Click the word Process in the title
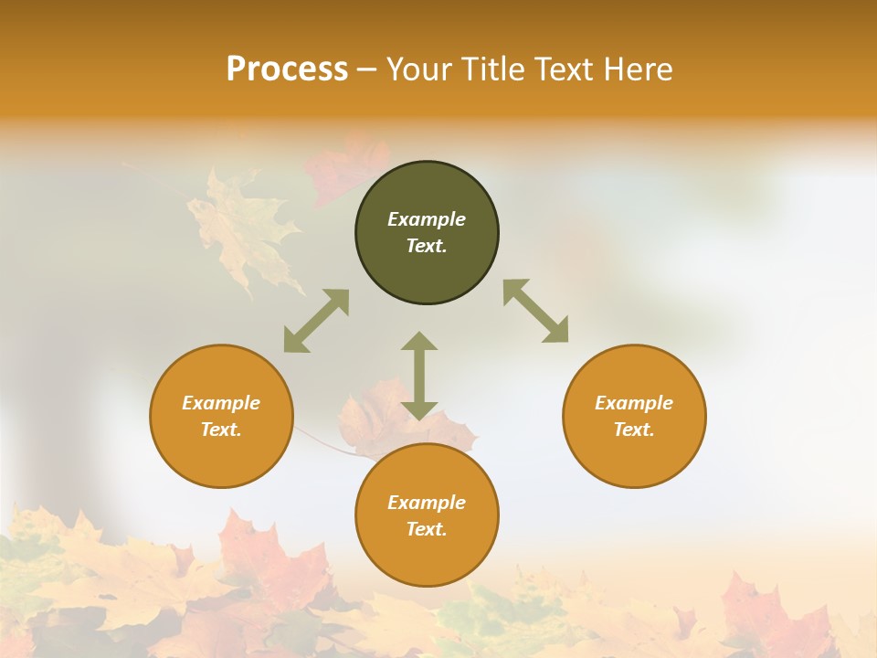(287, 69)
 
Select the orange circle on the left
(221, 457)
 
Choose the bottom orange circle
(427, 557)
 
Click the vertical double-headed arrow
(419, 376)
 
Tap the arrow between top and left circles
(316, 321)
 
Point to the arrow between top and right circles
(536, 311)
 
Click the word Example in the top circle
(427, 219)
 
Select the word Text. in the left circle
(221, 430)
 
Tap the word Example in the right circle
(634, 403)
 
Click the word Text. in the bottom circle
(427, 529)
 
